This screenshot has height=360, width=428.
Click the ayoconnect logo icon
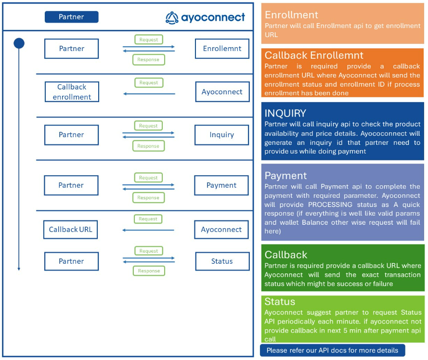tap(172, 18)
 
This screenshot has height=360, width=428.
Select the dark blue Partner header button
tap(71, 17)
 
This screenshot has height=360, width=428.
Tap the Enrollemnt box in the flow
tap(222, 49)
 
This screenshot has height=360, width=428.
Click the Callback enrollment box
tap(72, 92)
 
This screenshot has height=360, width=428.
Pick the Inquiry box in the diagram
tap(221, 135)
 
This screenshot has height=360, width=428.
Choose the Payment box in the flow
tap(221, 185)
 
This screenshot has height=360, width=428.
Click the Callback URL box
tap(70, 230)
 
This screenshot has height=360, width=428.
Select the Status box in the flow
tap(222, 261)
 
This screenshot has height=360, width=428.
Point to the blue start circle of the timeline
tap(19, 44)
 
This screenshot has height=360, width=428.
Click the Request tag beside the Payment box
tap(148, 178)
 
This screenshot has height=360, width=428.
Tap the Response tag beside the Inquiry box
tap(148, 146)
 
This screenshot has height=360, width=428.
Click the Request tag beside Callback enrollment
tap(148, 83)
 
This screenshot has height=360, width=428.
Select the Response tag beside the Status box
tap(149, 271)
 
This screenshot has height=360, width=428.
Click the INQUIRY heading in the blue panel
tap(285, 114)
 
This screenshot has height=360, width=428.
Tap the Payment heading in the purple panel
tap(285, 176)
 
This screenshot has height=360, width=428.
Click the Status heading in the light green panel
tap(280, 302)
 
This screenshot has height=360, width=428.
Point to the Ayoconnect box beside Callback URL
tap(221, 230)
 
